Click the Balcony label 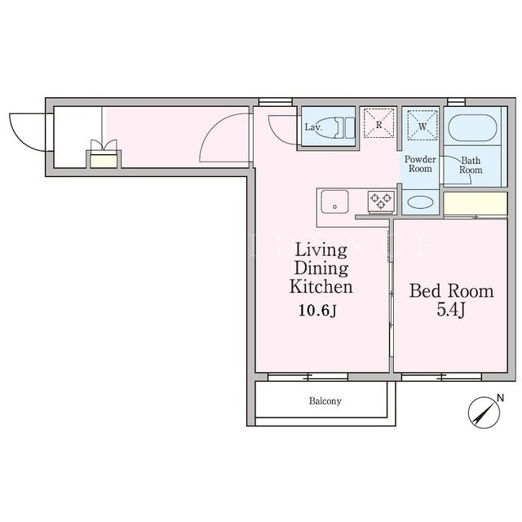[x=325, y=400]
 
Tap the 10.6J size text [x=318, y=311]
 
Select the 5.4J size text [x=450, y=311]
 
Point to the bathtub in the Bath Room [x=472, y=128]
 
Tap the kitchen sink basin [x=334, y=201]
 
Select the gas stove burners [x=381, y=201]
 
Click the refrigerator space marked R [x=378, y=123]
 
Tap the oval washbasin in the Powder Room [x=421, y=202]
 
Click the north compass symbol [x=484, y=413]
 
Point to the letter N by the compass [x=500, y=398]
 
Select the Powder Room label [x=420, y=164]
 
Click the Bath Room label [x=471, y=165]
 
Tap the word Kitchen [x=321, y=286]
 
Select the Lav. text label [x=312, y=127]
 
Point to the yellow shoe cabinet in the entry [x=104, y=161]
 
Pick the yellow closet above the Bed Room [x=476, y=204]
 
